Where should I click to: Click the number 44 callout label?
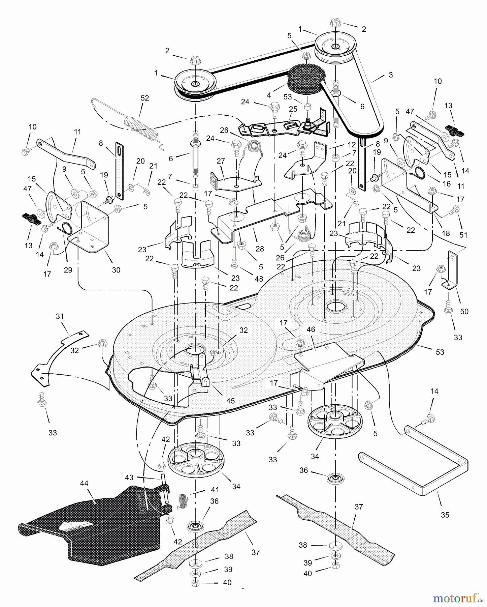pyautogui.click(x=84, y=483)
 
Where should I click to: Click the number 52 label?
pyautogui.click(x=144, y=98)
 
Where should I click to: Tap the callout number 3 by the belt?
pyautogui.click(x=391, y=75)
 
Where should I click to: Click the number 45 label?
pyautogui.click(x=230, y=401)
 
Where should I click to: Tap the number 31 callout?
pyautogui.click(x=60, y=316)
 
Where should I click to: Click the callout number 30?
pyautogui.click(x=116, y=270)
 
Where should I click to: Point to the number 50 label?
pyautogui.click(x=464, y=311)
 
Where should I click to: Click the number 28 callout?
pyautogui.click(x=259, y=249)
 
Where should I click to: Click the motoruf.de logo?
pyautogui.click(x=458, y=598)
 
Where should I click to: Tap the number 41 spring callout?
pyautogui.click(x=215, y=490)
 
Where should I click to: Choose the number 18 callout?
pyautogui.click(x=446, y=233)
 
